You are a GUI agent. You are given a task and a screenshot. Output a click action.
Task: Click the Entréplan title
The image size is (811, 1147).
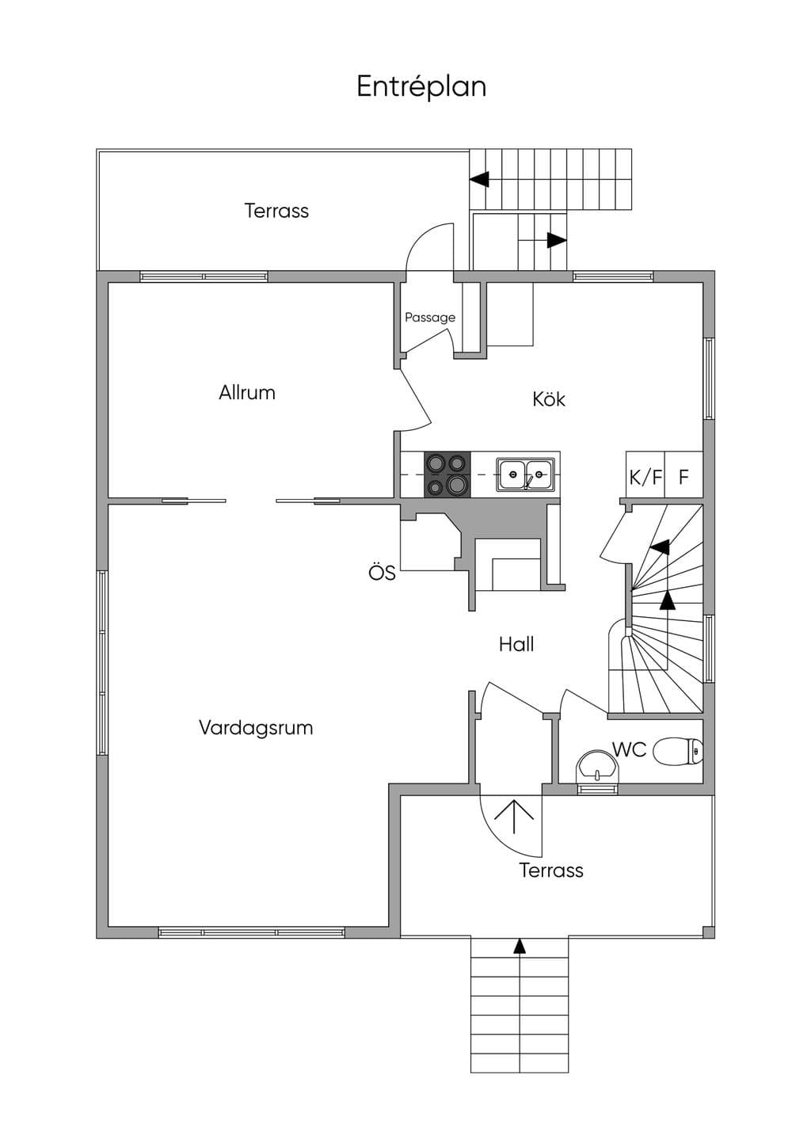[421, 86]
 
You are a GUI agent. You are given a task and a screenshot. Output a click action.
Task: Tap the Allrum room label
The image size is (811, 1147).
[247, 393]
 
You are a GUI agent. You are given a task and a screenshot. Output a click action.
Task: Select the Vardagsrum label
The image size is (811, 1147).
[256, 728]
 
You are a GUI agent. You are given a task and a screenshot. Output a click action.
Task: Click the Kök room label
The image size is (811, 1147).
[548, 399]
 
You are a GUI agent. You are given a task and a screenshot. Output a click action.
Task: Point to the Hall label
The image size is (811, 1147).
[516, 644]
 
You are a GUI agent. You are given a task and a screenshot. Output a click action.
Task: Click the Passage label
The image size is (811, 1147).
[430, 318]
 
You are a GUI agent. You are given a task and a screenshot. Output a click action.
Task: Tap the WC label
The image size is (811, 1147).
[630, 749]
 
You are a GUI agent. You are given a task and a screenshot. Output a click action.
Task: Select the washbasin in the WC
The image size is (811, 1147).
[597, 768]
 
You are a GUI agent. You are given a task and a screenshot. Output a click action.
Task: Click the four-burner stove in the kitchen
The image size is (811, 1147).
[447, 474]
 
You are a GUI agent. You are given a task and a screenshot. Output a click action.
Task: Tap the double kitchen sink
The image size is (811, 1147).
[525, 474]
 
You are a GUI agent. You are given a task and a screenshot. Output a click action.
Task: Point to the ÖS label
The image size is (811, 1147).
[382, 573]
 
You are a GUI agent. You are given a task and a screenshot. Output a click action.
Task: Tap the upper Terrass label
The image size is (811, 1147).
[276, 211]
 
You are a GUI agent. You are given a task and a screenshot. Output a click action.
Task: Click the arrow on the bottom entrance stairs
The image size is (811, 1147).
[520, 946]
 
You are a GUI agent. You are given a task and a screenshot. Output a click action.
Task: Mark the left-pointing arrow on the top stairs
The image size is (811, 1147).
[479, 179]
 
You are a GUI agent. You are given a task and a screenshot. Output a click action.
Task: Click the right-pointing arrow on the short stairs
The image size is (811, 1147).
[557, 240]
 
